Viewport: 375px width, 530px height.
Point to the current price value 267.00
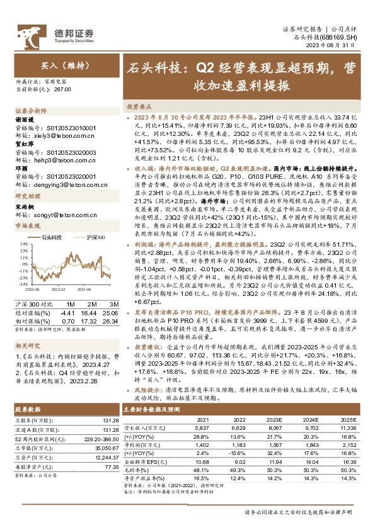pos(64,91)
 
